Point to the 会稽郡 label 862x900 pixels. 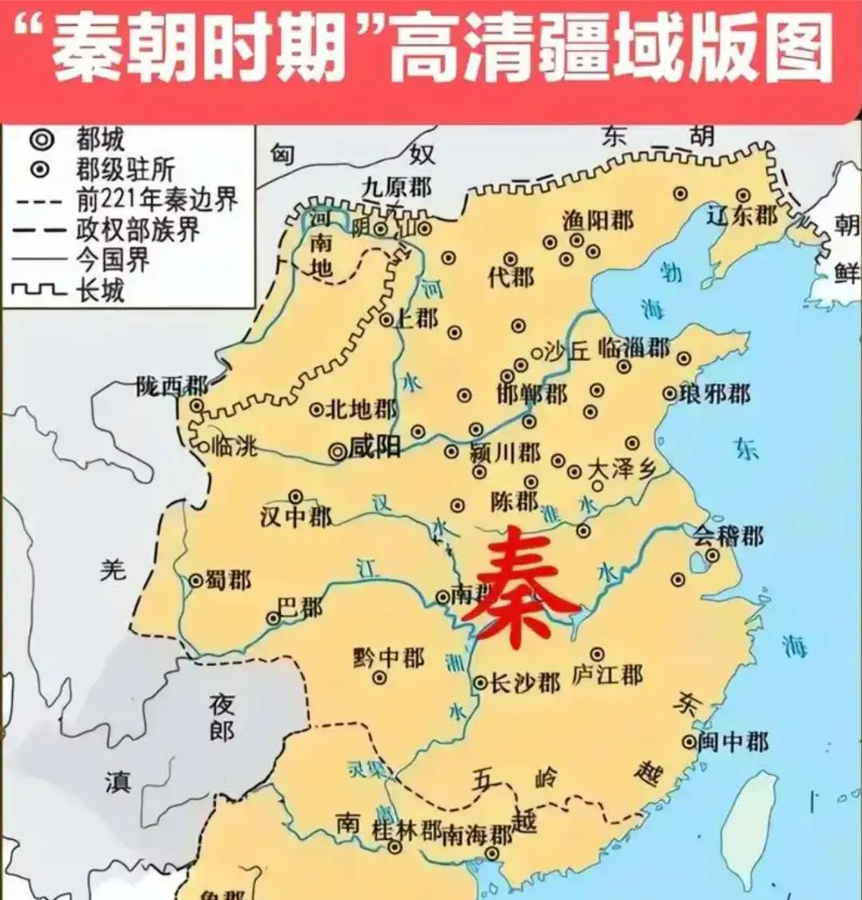[x=728, y=536]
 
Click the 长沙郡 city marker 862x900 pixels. [x=480, y=683]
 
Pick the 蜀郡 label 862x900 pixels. [x=229, y=580]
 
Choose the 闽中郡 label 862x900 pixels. [x=733, y=741]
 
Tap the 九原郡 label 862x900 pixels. [x=396, y=188]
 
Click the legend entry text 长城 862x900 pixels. [x=101, y=289]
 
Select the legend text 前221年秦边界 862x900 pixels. [x=157, y=199]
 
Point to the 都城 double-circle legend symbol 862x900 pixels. [x=42, y=141]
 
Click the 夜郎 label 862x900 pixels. [x=222, y=717]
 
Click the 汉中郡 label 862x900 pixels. [x=295, y=517]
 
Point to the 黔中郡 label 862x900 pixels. [x=389, y=658]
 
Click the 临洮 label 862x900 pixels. [x=234, y=446]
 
